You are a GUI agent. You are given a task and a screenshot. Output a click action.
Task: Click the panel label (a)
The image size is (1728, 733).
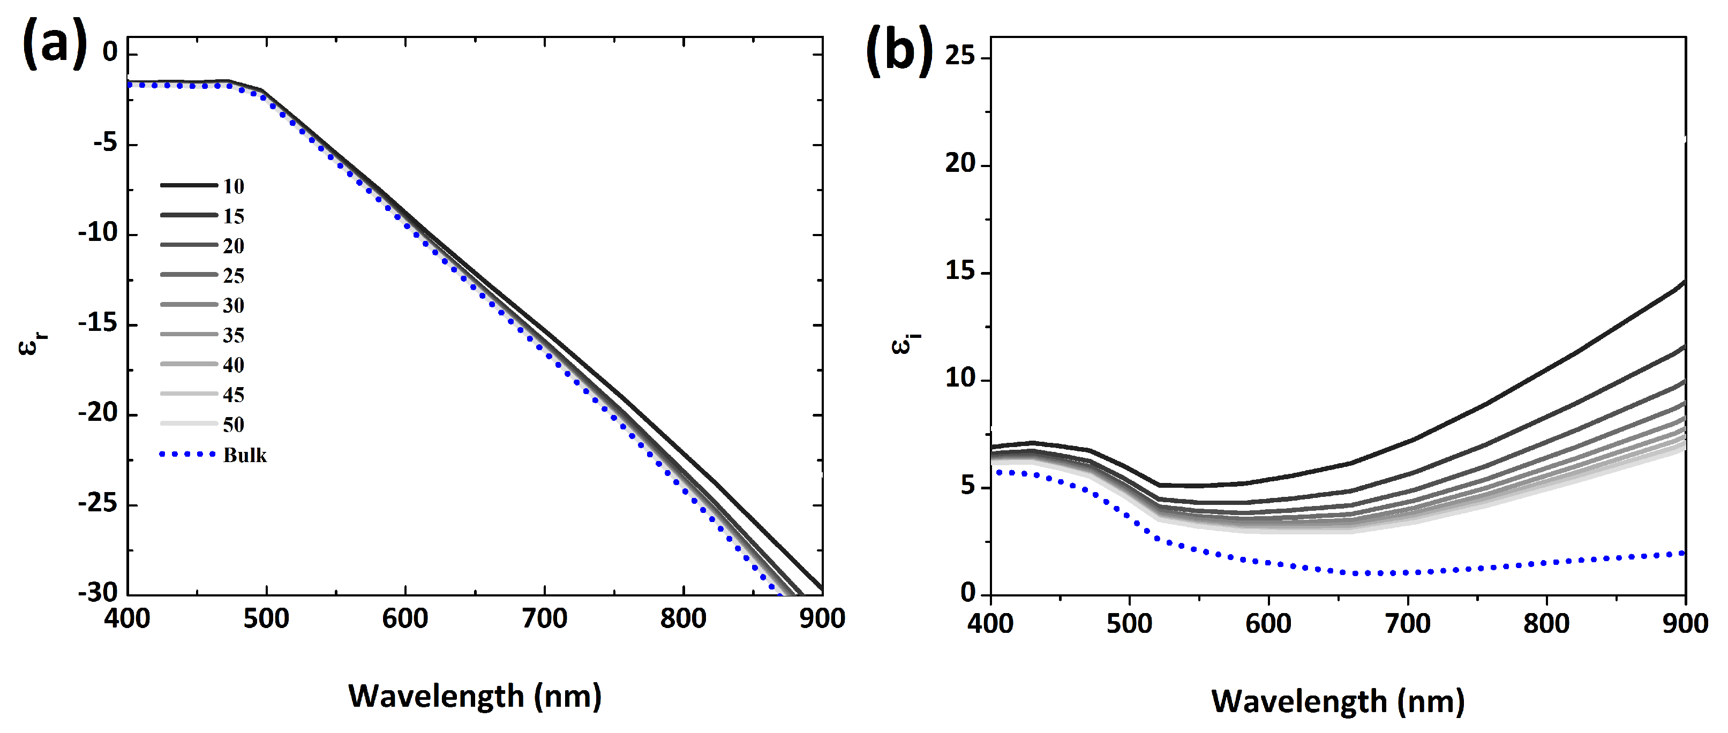coord(55,43)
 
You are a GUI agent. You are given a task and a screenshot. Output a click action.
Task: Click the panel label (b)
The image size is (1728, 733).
coord(899,50)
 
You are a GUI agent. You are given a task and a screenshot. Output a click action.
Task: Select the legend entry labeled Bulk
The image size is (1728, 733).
coord(245,455)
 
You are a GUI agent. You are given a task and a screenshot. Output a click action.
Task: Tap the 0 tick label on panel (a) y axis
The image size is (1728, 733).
coord(110,51)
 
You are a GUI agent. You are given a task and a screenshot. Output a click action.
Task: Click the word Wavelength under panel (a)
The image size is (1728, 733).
coord(436,696)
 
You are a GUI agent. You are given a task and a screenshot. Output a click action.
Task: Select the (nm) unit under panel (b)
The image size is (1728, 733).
coord(1431,701)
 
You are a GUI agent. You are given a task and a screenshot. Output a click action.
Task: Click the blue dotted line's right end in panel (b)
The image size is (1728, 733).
coord(1682,553)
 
